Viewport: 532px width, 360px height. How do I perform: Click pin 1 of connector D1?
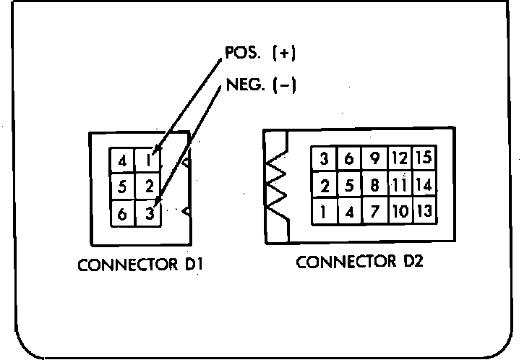149,159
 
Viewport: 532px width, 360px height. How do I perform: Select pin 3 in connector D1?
149,214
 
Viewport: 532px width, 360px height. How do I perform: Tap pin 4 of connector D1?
122,159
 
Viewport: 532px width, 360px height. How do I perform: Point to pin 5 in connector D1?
122,187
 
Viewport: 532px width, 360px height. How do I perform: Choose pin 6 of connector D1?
122,214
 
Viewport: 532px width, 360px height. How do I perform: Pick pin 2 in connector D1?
149,187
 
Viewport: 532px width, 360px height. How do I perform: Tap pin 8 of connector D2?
374,185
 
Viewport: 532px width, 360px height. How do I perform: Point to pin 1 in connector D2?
325,213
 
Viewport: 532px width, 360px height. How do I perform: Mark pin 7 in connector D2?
374,213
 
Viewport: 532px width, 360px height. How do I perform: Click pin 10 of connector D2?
398,213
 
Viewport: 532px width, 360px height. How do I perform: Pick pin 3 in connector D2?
325,158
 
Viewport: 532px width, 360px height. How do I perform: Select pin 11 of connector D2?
398,185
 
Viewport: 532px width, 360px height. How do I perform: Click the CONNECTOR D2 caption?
359,261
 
